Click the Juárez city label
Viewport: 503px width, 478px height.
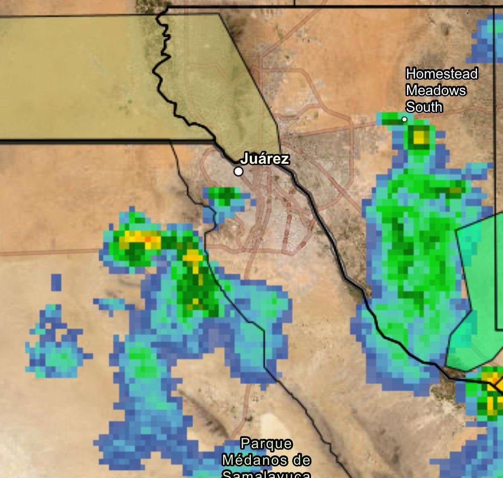265,159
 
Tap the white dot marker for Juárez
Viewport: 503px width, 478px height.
239,171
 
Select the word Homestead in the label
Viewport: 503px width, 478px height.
442,74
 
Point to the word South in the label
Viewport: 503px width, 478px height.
424,107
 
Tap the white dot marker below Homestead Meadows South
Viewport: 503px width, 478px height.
404,119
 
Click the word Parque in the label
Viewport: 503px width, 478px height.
267,443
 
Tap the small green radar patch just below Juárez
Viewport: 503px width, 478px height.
224,195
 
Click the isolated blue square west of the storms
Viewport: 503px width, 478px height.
56,282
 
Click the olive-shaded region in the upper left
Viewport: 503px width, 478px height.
85,77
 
